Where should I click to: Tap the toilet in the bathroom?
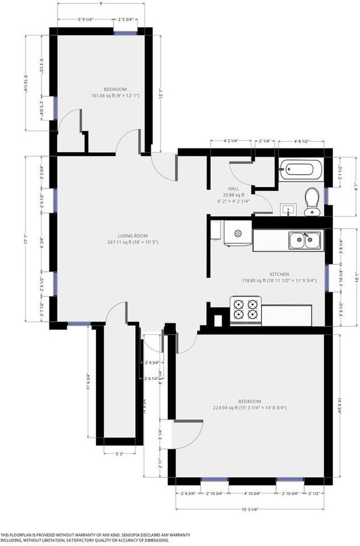(311, 201)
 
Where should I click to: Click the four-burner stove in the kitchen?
(245, 309)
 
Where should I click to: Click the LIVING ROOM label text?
(133, 235)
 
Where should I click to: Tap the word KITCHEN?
(279, 274)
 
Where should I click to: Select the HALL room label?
(233, 188)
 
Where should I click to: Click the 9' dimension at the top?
(101, 4)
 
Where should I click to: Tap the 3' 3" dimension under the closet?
(119, 453)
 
